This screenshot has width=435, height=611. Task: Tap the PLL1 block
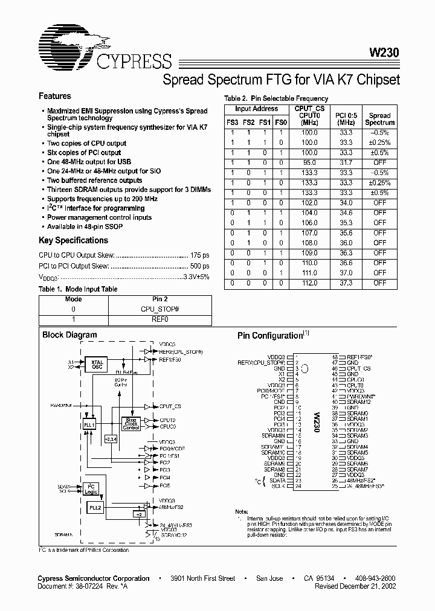(89, 424)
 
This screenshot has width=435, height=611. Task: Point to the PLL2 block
(95, 508)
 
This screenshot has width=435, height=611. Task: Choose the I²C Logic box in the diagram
(91, 488)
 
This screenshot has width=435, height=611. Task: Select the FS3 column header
(232, 123)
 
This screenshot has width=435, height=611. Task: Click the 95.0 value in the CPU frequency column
(310, 162)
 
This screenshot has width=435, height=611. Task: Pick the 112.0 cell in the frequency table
(310, 283)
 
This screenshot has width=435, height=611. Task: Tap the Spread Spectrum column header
(380, 119)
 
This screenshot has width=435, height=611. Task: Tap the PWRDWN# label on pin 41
(358, 396)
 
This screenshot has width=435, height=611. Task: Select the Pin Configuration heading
(270, 336)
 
